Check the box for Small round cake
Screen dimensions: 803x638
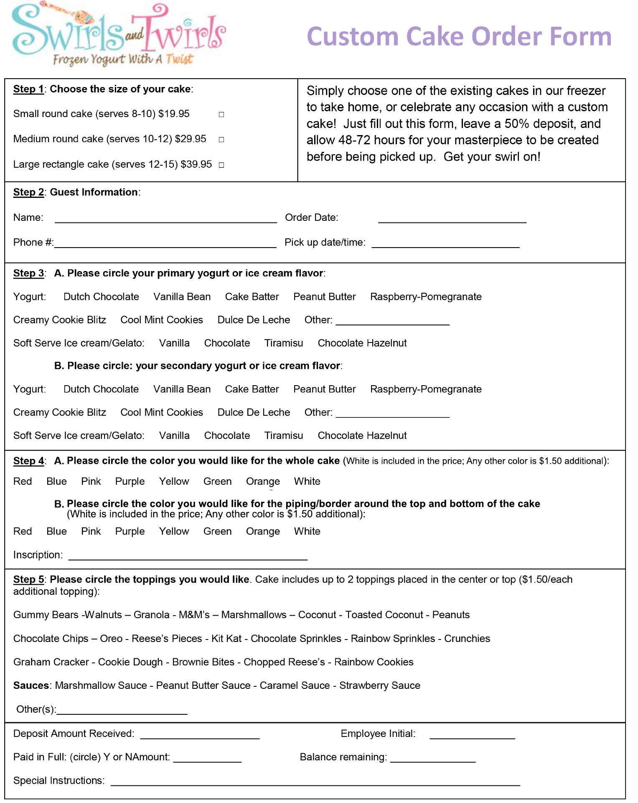tap(221, 115)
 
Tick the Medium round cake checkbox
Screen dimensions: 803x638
tap(221, 140)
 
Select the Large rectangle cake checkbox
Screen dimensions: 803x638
tap(221, 165)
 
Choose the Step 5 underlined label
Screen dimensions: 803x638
tap(28, 580)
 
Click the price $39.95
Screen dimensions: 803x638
tap(196, 164)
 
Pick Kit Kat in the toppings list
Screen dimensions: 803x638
tap(226, 639)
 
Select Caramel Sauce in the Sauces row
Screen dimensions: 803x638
tap(295, 685)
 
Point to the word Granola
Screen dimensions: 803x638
tap(151, 615)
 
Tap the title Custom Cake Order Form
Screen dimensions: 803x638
tap(459, 36)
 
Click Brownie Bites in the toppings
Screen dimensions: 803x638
tap(203, 662)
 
